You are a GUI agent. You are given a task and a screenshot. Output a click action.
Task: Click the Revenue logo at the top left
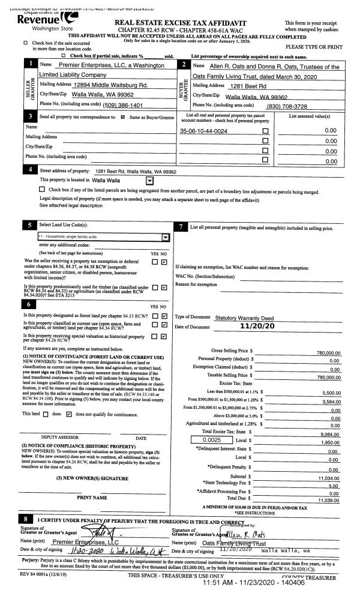pyautogui.click(x=31, y=20)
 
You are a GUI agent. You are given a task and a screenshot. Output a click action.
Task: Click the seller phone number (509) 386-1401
pyautogui.click(x=127, y=105)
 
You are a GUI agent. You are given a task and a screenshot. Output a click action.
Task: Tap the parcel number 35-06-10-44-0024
pyautogui.click(x=203, y=130)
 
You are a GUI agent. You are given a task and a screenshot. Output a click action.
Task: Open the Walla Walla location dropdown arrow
pyautogui.click(x=149, y=179)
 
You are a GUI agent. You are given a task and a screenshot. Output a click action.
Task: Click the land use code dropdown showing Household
pyautogui.click(x=103, y=237)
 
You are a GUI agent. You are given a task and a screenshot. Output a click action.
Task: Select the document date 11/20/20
pyautogui.click(x=256, y=326)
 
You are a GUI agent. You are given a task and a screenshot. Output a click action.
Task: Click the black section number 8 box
pyautogui.click(x=26, y=518)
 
